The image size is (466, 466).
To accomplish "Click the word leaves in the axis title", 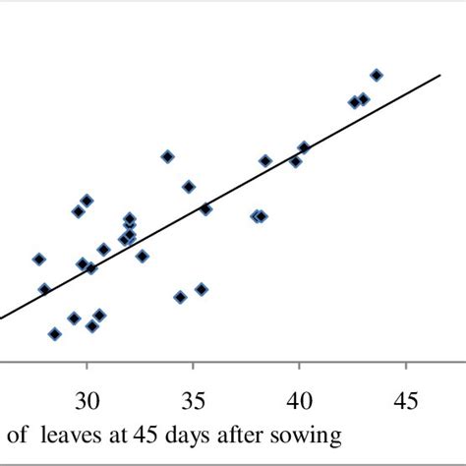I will (67, 434).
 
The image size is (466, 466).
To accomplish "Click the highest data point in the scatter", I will (376, 75).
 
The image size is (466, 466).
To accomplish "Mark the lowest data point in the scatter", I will (55, 334).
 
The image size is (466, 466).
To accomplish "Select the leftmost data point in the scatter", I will (39, 260).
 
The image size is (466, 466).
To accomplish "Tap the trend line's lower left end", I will (2, 317).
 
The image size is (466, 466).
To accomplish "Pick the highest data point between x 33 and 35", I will (168, 156).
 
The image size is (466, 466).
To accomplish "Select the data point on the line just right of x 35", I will (205, 208).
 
